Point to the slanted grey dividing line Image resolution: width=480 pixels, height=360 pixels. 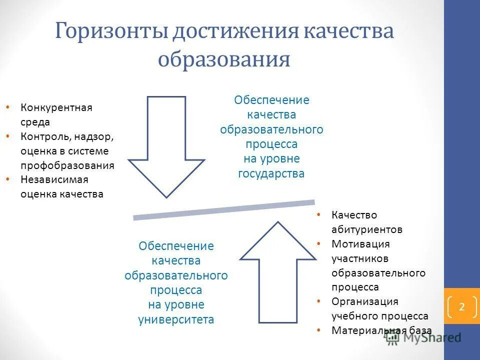pos(223,209)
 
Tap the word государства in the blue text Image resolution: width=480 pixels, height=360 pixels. pos(271,173)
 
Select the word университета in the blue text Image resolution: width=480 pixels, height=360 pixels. pos(176,319)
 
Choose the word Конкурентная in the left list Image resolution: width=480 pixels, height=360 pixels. pos(56,108)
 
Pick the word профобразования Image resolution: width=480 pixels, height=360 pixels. pos(67,165)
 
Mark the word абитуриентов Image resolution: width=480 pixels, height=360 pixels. pos(366,229)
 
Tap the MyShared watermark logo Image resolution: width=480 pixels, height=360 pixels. pos(423,337)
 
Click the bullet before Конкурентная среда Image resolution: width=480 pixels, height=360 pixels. pos(7,107)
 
